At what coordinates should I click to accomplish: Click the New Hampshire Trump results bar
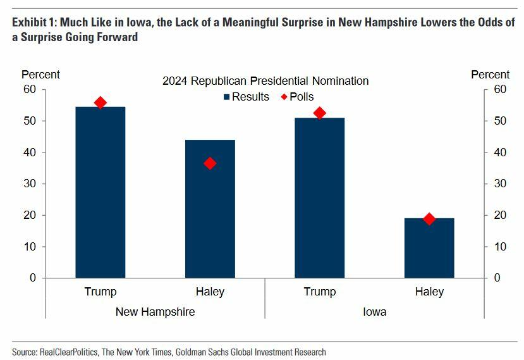click(100, 192)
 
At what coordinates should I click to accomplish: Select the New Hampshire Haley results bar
click(210, 209)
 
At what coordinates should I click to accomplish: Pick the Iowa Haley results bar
click(429, 248)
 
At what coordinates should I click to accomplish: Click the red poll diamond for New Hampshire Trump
click(100, 102)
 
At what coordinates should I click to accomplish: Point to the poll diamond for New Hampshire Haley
click(210, 163)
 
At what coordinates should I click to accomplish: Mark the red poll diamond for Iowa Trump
click(319, 113)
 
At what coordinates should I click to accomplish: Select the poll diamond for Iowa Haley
click(429, 219)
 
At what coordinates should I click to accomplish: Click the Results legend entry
click(246, 97)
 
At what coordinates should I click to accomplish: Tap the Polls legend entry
click(297, 97)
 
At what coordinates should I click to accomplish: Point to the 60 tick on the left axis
click(30, 89)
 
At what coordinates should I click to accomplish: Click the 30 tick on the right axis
click(499, 183)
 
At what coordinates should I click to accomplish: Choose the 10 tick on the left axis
click(30, 246)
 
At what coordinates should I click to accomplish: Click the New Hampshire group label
click(155, 312)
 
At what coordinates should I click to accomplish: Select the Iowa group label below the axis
click(374, 312)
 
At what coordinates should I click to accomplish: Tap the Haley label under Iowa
click(429, 292)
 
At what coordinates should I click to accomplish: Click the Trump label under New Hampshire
click(100, 292)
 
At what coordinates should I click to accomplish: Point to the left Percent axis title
click(40, 75)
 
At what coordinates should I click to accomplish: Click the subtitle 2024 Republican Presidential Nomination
click(265, 81)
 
